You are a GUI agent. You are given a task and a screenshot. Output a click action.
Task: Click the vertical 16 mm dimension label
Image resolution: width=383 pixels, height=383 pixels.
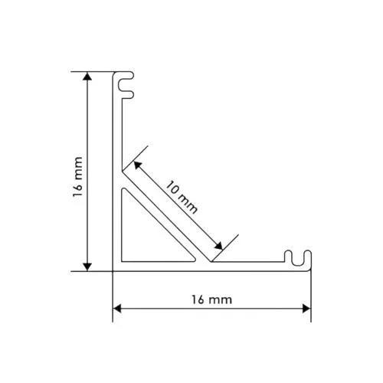[78, 177]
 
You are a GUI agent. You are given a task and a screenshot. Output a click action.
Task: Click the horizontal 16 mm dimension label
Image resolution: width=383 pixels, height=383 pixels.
[212, 300]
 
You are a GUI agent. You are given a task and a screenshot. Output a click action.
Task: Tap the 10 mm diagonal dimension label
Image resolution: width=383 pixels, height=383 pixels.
[182, 197]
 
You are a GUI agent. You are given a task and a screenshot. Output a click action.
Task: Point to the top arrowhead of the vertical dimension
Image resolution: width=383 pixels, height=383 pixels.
[87, 76]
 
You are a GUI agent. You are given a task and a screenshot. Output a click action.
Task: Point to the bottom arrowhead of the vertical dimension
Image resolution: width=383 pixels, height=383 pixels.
[87, 267]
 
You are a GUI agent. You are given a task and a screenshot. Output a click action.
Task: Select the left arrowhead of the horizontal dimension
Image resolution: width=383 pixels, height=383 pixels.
[117, 309]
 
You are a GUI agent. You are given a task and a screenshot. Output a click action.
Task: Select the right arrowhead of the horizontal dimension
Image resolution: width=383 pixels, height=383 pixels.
[306, 309]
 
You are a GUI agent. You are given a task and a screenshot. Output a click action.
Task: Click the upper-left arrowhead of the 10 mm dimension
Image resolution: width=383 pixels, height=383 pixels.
[137, 165]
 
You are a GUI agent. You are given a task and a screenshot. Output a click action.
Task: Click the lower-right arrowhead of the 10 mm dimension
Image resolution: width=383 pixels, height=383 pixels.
[219, 246]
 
